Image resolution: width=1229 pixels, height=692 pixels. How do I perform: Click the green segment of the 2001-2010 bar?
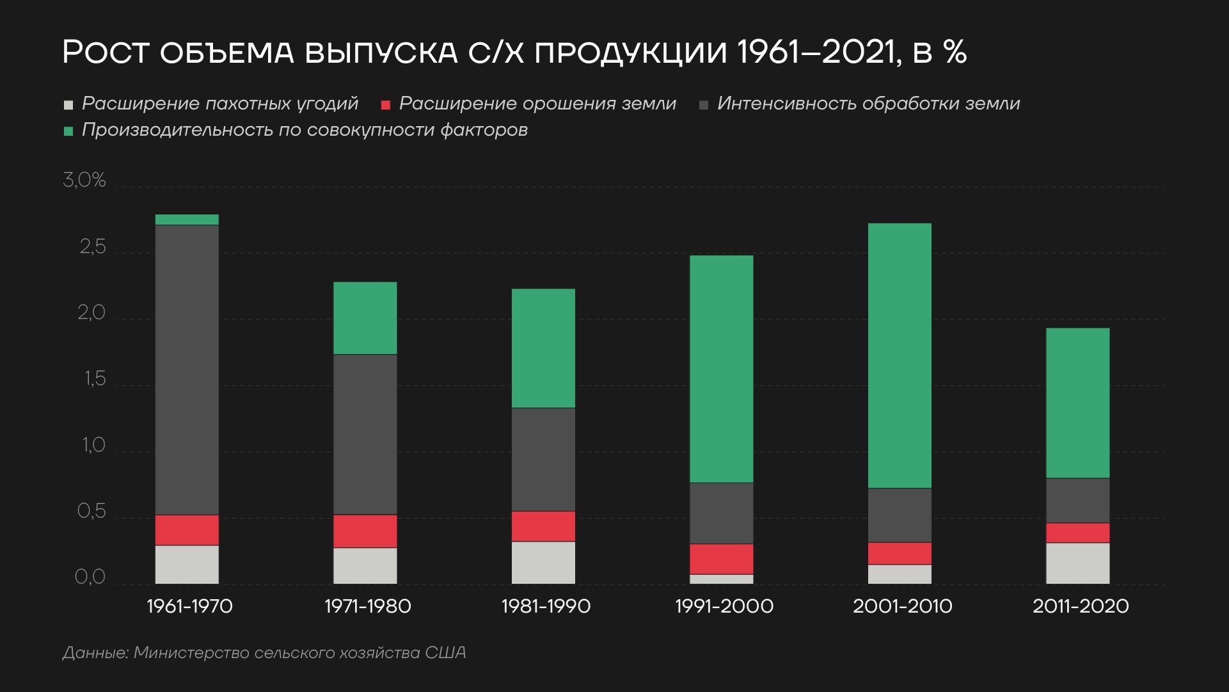[x=900, y=355]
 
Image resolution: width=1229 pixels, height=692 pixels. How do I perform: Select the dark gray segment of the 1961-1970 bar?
[x=187, y=369]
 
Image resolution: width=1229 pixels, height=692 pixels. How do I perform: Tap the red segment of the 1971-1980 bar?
[x=365, y=531]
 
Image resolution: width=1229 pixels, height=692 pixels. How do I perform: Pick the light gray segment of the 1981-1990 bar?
[x=543, y=563]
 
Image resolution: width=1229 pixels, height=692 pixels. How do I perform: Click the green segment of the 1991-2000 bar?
[x=722, y=369]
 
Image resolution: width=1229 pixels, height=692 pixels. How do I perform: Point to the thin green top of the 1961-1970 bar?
[x=187, y=220]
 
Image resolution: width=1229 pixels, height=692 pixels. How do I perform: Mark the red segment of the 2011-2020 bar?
[x=1077, y=533]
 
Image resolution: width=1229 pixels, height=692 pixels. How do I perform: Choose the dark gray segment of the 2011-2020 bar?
[x=1077, y=501]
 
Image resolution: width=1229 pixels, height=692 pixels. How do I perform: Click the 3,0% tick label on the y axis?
[x=84, y=181]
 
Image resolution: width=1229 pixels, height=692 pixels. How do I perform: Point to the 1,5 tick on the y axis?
[x=94, y=379]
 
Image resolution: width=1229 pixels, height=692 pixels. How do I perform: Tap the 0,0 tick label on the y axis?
[x=90, y=577]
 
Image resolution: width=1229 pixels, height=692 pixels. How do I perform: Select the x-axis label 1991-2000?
[x=724, y=606]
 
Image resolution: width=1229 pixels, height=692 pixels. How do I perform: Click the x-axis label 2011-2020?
[x=1080, y=606]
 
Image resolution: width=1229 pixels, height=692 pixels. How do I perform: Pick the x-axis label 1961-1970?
[x=189, y=606]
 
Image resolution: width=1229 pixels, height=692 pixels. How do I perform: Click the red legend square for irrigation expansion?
[x=385, y=105]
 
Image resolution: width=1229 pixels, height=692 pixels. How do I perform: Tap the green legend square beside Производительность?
[x=68, y=131]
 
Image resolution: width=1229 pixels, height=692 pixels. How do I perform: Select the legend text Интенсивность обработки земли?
[x=868, y=104]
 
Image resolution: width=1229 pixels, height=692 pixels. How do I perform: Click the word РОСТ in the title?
[x=105, y=52]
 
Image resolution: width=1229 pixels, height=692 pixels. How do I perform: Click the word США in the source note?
[x=445, y=653]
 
